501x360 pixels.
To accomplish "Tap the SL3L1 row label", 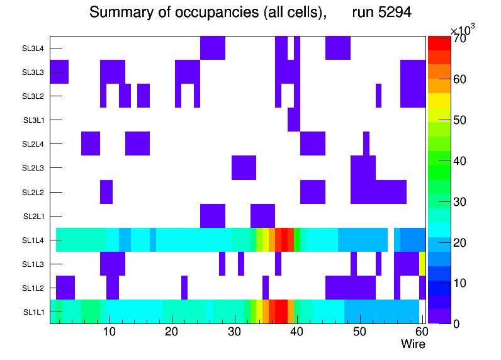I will pos(35,120).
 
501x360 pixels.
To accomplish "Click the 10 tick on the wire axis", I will pos(110,332).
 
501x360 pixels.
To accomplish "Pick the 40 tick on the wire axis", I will pos(296,332).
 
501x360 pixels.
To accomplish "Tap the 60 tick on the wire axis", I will pos(420,332).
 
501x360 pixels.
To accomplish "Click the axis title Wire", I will pos(413,344).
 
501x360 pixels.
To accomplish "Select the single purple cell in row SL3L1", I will pos(293,120).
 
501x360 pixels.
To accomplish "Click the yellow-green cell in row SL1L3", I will pos(422,264).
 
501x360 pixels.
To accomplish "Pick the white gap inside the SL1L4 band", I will pos(391,240).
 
